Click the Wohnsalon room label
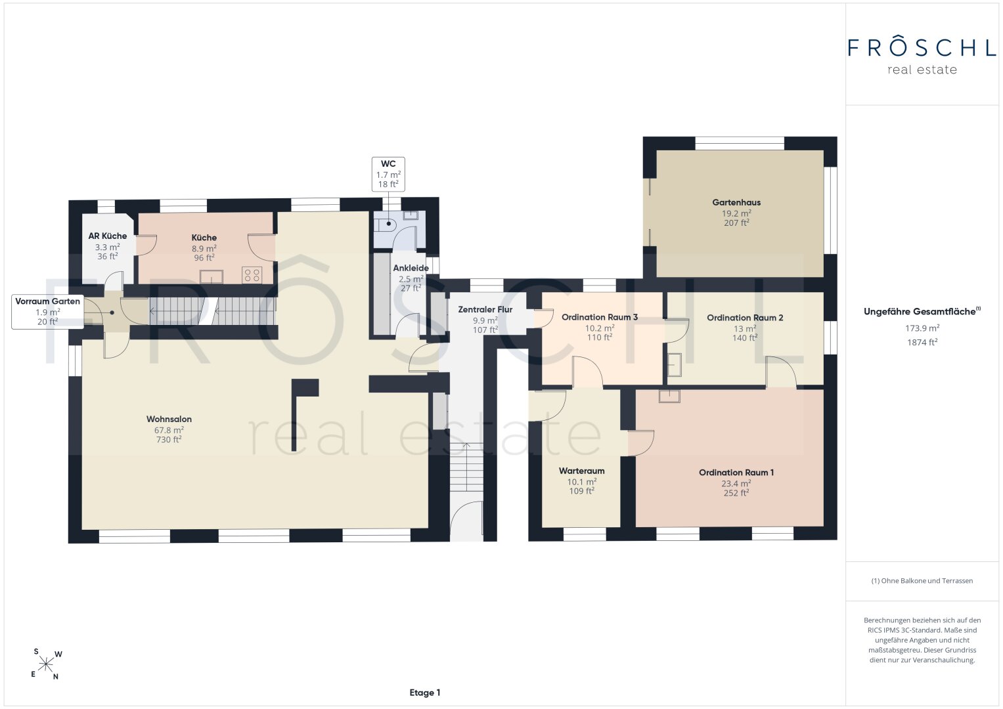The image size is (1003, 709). (169, 419)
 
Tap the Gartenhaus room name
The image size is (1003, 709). (736, 202)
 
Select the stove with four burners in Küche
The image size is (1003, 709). (252, 275)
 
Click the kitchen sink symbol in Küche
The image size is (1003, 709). (212, 276)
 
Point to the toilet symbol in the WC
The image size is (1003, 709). (386, 224)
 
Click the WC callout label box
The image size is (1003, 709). (388, 174)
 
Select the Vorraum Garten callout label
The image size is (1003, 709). (47, 312)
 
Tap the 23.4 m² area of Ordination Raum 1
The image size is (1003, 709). (736, 483)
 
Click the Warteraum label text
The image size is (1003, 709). (582, 471)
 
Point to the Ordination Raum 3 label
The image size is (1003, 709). (600, 317)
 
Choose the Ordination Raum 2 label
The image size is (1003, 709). (745, 318)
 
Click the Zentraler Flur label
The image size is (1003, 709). (485, 309)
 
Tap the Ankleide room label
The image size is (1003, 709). (411, 268)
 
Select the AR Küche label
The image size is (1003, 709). (108, 236)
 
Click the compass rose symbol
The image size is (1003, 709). (46, 664)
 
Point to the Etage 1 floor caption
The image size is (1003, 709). (425, 693)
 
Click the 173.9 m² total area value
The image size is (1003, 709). (922, 328)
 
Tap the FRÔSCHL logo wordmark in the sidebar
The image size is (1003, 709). (922, 48)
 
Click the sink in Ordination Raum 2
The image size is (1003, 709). (675, 364)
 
